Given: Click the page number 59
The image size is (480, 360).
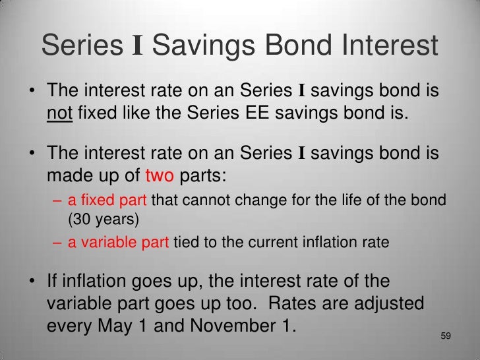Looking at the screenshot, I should tap(445, 336).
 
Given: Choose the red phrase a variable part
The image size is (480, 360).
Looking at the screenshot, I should tap(119, 242).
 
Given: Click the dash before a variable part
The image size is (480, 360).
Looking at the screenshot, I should tap(58, 242).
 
